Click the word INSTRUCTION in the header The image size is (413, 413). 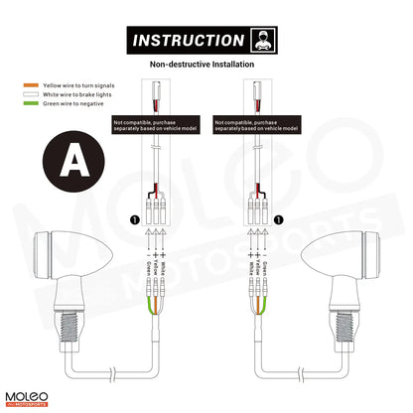point(188,41)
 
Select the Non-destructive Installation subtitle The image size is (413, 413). point(206,65)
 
